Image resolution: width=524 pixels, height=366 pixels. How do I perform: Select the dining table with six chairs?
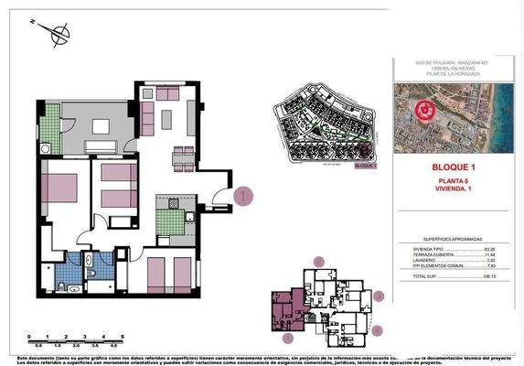click(184, 156)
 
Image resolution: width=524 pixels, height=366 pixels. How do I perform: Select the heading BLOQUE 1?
click(454, 168)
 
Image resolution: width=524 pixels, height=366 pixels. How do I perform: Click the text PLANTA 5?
click(454, 181)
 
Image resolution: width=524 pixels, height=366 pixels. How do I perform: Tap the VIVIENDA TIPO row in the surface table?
click(454, 248)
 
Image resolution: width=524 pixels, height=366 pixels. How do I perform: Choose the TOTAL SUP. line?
click(454, 275)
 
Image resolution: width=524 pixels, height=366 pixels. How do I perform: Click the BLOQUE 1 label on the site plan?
click(364, 167)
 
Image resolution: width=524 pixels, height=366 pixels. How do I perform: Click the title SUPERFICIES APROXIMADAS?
click(454, 235)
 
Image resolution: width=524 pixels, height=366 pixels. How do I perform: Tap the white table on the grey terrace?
click(102, 147)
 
